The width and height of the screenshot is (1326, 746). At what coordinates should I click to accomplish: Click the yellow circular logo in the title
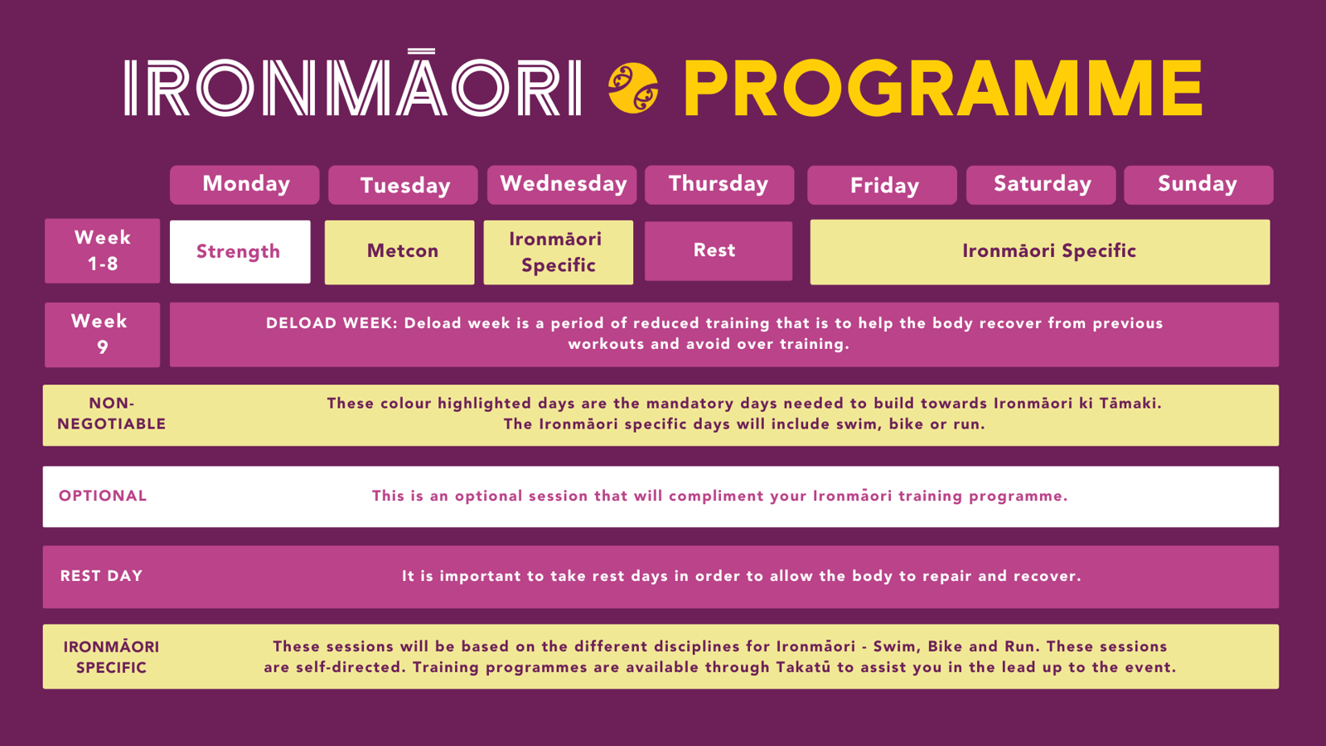tap(633, 88)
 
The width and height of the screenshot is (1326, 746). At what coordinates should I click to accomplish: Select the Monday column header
tap(244, 185)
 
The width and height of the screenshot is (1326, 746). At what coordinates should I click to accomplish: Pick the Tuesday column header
tap(403, 185)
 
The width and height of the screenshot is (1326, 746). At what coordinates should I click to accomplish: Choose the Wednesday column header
tap(562, 185)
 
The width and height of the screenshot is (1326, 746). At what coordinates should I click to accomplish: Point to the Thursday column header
tap(719, 185)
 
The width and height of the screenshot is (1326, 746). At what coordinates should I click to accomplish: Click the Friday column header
tap(882, 185)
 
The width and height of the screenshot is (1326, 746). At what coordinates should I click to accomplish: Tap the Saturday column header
tap(1041, 185)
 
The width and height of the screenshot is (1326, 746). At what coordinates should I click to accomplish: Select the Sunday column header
tap(1198, 185)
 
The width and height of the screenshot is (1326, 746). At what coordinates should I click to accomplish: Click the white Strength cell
tap(240, 252)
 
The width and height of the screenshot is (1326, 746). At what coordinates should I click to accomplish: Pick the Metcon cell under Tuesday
tap(399, 252)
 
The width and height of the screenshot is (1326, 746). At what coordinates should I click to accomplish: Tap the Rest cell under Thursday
tap(719, 251)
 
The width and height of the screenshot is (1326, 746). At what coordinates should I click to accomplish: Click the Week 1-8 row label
tap(103, 250)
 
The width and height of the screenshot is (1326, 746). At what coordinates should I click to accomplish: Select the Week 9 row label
tap(103, 335)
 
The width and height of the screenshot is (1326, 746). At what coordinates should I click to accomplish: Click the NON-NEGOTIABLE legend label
tap(111, 414)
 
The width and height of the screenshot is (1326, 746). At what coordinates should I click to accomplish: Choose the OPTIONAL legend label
tap(103, 496)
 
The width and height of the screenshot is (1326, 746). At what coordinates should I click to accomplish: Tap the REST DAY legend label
tap(101, 576)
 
